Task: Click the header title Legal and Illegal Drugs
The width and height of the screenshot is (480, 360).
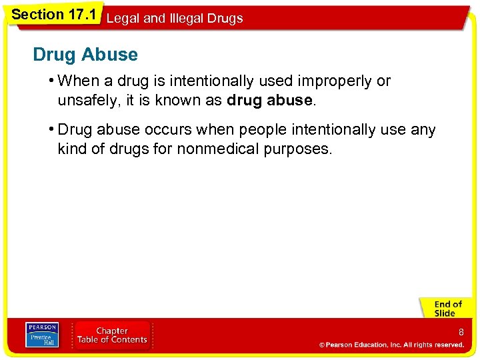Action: [175, 19]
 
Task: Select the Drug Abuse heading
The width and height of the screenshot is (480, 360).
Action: [85, 55]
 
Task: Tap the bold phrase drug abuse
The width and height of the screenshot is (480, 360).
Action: [269, 100]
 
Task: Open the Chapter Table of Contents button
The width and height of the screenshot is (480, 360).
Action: [111, 335]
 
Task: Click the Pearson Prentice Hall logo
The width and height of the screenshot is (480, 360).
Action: [42, 335]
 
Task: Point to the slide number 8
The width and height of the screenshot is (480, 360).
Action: [460, 331]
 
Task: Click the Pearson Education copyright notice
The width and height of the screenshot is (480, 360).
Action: [391, 345]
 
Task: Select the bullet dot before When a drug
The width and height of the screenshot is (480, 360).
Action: [52, 81]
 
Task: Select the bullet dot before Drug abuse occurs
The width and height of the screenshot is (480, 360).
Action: [52, 129]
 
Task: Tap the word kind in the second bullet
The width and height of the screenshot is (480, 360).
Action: [72, 148]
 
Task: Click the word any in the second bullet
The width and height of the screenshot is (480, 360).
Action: [423, 129]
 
